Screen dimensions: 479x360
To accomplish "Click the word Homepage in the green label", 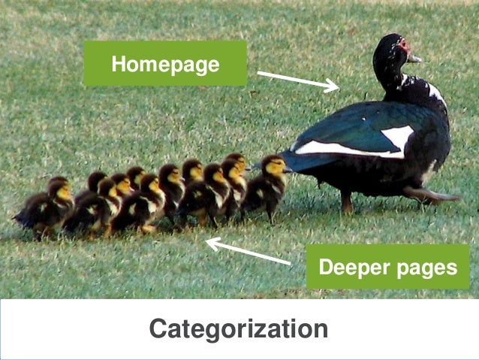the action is [x=165, y=65].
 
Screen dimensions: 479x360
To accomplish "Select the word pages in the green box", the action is [x=424, y=268].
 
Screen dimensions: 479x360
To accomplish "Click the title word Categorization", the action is [x=238, y=329].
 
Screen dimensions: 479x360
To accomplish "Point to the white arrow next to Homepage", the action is [x=297, y=80].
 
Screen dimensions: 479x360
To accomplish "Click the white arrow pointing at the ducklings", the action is [x=248, y=252].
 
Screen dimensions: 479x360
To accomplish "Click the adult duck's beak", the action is [x=414, y=57].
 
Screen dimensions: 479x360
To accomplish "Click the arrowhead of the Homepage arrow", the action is [x=335, y=88].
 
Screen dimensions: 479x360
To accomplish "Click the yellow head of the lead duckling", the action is [x=276, y=165].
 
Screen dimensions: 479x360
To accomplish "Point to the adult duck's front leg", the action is [x=347, y=199].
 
